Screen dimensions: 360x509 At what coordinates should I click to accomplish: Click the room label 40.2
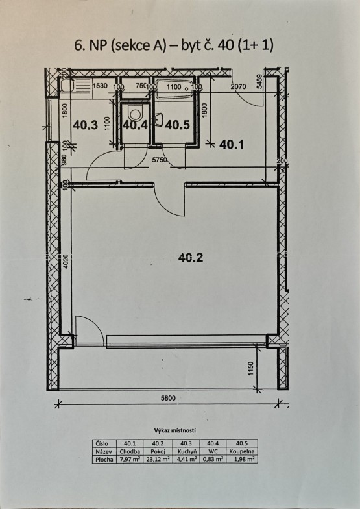[x=191, y=257]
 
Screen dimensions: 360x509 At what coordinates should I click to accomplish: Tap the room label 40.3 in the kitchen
[x=86, y=125]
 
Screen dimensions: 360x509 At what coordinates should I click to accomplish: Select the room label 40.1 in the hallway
[x=232, y=144]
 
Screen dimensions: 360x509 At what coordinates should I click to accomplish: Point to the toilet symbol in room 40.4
[x=135, y=113]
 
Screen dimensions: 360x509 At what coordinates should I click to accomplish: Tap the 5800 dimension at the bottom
[x=168, y=398]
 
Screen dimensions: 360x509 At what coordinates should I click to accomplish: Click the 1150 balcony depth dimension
[x=250, y=369]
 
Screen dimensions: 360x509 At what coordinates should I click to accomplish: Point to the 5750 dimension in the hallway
[x=160, y=160]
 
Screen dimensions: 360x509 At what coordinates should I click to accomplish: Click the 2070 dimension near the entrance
[x=239, y=87]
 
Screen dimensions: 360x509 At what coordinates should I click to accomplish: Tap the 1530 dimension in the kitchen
[x=100, y=86]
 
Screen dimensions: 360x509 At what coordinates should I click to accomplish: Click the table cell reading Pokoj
[x=158, y=451]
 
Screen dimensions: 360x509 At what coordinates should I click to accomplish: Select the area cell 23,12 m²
[x=158, y=459]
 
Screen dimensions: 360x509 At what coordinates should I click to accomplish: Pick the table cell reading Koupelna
[x=241, y=451]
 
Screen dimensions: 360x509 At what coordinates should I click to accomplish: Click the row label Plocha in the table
[x=104, y=460]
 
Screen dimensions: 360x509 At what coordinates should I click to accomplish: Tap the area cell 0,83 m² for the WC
[x=213, y=459]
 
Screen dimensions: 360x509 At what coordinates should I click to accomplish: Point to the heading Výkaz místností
[x=175, y=431]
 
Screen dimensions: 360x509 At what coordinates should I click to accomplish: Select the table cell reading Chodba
[x=130, y=451]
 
